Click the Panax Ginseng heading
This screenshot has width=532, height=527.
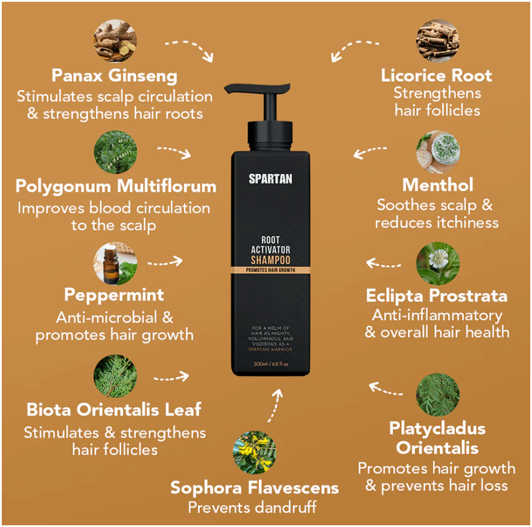coord(114,76)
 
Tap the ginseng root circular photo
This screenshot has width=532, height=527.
coord(115,41)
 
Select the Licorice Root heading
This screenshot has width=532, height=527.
coord(436,75)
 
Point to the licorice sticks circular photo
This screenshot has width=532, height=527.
coord(438,41)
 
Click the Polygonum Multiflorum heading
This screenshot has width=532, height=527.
coord(116,186)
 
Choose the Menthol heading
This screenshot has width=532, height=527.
coord(438,185)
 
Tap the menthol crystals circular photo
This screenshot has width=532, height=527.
coord(438,152)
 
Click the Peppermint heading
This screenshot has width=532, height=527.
coord(114,295)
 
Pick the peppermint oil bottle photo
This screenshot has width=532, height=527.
coord(115,263)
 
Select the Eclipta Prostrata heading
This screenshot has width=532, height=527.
coord(437,296)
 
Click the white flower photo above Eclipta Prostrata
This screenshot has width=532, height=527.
coord(438,263)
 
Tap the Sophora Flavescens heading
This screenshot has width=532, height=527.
coord(254,488)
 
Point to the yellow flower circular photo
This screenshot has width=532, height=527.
coord(254,452)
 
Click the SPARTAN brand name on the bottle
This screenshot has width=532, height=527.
coord(270,179)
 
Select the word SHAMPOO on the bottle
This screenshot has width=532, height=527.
coord(270,260)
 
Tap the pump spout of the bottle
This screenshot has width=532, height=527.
coord(257,89)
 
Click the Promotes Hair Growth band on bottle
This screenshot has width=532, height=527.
coord(270,270)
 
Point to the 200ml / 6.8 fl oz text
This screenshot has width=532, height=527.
coord(271,364)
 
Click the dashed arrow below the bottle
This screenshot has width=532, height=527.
coord(275,405)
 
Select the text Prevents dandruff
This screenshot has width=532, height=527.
coord(252,508)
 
